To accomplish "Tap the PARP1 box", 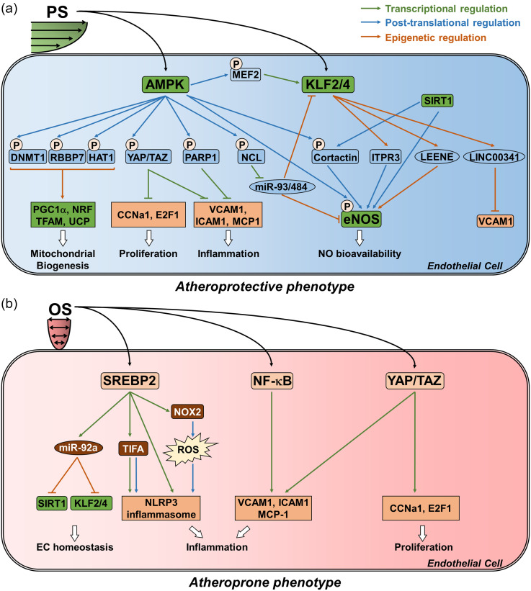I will coord(215,155).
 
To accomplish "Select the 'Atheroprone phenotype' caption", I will coord(264,580).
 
